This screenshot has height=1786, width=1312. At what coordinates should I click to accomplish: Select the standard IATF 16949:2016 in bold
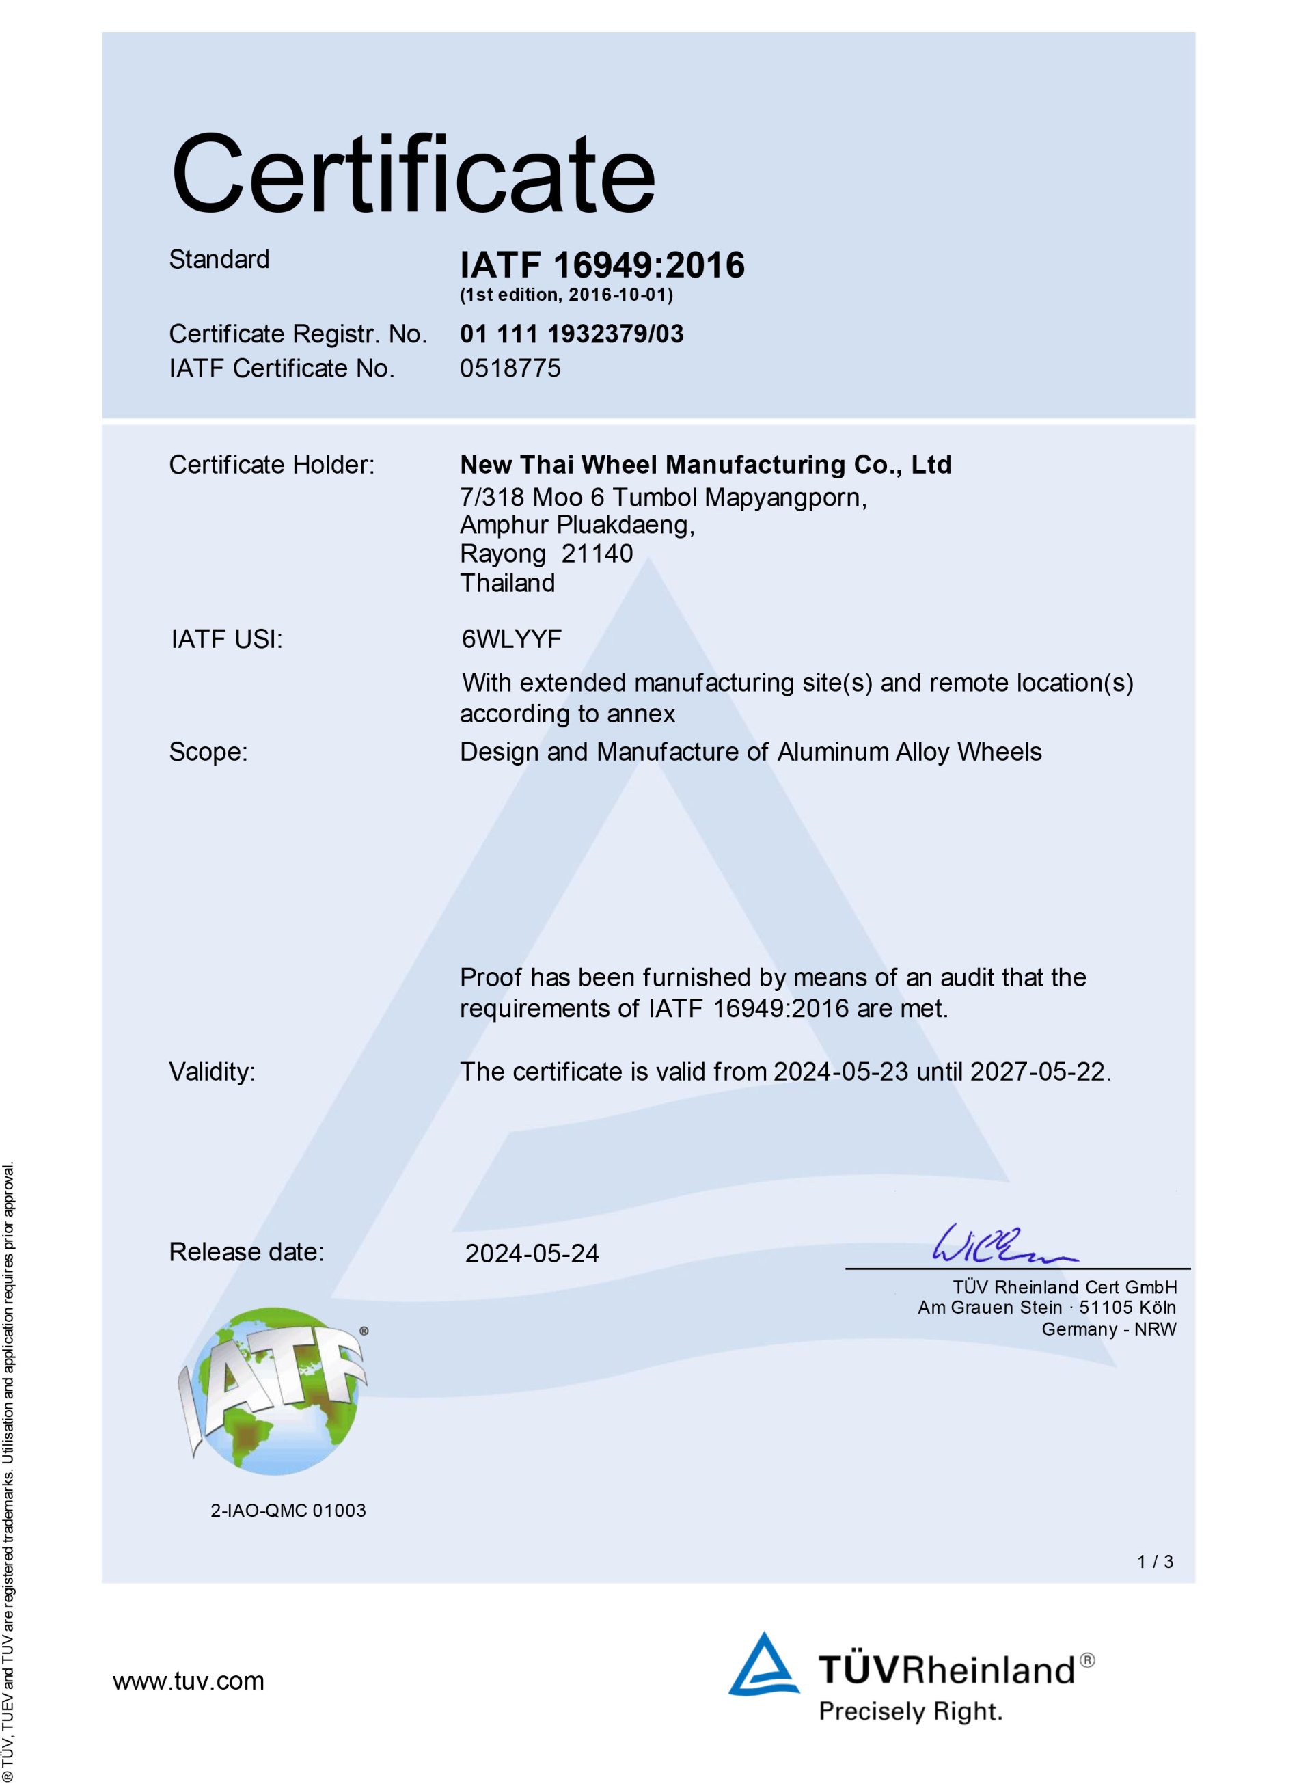coord(602,265)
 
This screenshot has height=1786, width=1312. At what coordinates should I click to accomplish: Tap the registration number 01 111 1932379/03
coord(572,334)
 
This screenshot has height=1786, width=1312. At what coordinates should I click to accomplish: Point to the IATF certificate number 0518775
coord(510,368)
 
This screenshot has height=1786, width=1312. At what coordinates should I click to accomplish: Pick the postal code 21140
coord(597,553)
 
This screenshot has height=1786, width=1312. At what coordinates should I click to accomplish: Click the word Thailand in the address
coord(508,582)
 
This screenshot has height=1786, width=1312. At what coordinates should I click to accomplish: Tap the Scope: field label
coord(208,752)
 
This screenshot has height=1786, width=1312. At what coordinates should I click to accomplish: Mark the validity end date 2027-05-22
coord(1038,1072)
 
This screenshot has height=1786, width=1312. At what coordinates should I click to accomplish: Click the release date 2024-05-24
coord(532,1253)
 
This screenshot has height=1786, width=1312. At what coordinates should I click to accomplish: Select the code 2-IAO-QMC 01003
coord(288,1511)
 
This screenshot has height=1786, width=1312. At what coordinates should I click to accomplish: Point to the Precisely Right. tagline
coord(910,1711)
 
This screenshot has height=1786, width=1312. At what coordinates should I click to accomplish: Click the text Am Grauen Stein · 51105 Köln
coord(1047,1307)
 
